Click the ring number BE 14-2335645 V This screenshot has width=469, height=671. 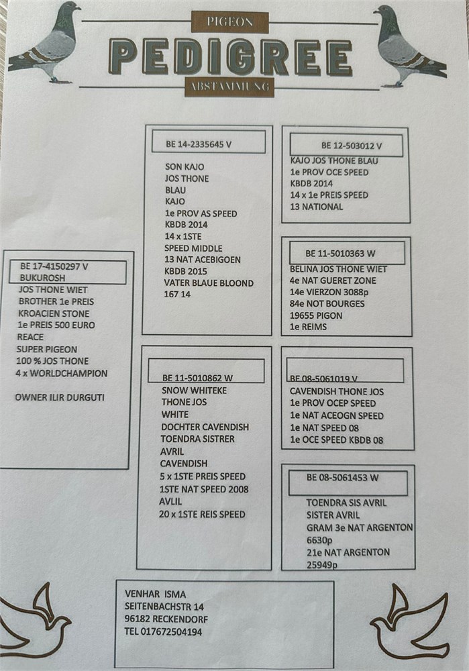(x=199, y=144)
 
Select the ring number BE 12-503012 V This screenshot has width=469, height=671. (x=352, y=146)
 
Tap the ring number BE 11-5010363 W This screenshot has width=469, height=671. (x=340, y=254)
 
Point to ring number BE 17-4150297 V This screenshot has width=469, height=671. (x=54, y=266)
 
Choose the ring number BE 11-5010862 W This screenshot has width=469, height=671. (x=197, y=378)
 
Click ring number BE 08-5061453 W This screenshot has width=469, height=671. (x=342, y=478)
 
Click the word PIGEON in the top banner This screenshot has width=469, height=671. (x=229, y=22)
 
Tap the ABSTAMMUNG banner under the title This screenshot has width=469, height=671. (x=229, y=87)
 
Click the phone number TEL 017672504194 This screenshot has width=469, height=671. (x=163, y=631)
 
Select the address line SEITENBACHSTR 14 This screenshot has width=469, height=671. (x=164, y=607)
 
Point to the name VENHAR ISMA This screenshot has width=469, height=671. (x=156, y=594)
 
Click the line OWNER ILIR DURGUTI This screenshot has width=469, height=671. (x=60, y=397)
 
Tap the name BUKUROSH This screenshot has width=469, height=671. (x=42, y=277)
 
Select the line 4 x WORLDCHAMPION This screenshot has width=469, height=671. (x=62, y=373)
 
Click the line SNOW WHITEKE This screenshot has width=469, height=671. (x=195, y=391)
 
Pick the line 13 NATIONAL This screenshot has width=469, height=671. (x=317, y=207)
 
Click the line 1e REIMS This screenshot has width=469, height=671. (x=308, y=327)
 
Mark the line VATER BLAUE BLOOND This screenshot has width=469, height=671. (x=209, y=283)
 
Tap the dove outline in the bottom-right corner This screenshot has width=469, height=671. (x=410, y=621)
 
